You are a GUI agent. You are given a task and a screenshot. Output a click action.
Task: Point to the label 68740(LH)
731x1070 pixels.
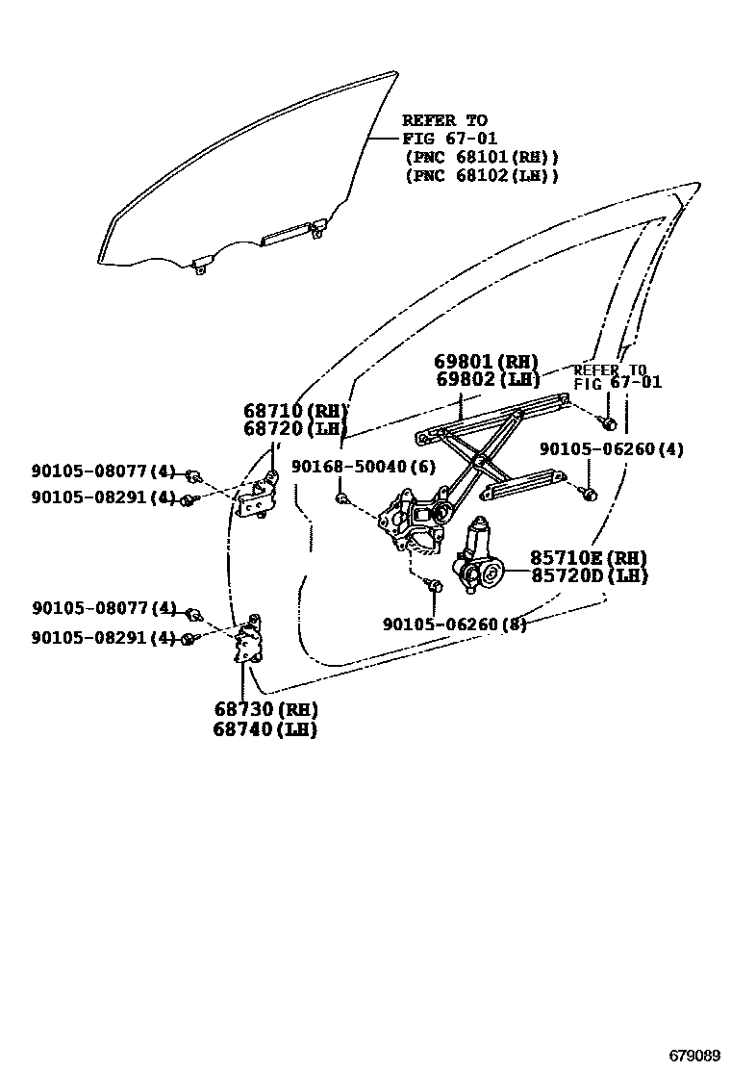[x=265, y=729]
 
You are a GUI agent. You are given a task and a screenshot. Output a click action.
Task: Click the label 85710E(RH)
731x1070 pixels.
[x=588, y=559]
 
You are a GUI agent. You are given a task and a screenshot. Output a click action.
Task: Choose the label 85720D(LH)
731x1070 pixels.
[x=588, y=576]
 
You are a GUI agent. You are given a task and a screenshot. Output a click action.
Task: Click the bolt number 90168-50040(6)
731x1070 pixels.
[x=364, y=467]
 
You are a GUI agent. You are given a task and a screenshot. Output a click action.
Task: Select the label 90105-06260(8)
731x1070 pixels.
[x=454, y=624]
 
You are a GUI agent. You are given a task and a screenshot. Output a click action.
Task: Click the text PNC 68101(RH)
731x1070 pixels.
[x=481, y=157]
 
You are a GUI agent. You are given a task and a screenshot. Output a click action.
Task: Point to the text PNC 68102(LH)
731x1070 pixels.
[x=481, y=175]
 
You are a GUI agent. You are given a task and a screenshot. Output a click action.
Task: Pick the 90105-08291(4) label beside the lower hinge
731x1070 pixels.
[x=104, y=637]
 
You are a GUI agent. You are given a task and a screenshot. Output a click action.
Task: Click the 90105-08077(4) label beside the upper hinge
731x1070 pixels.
[x=104, y=471]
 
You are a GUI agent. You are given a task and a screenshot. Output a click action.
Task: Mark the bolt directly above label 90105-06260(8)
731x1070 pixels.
[x=434, y=586]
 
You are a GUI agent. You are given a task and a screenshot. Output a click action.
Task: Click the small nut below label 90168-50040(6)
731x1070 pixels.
[x=341, y=497]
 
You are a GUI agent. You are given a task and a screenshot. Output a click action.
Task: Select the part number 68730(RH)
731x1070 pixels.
[x=265, y=710]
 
